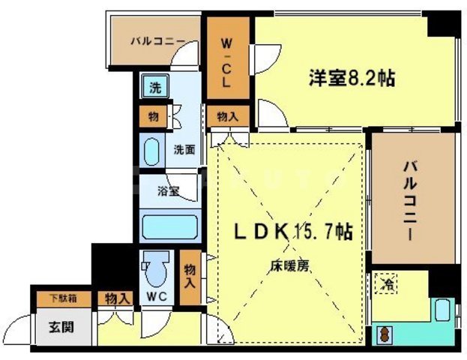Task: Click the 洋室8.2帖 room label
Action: coord(351,76)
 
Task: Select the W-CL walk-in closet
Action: coord(228,61)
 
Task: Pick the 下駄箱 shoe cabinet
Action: coord(62,298)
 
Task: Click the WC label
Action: coord(156,297)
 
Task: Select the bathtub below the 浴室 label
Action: coord(169,226)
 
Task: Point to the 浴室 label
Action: coord(168,191)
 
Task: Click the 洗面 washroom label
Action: coord(184,149)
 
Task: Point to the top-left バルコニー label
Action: coord(157,41)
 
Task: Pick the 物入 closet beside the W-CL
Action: coord(228,116)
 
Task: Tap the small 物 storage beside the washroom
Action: coord(154,116)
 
